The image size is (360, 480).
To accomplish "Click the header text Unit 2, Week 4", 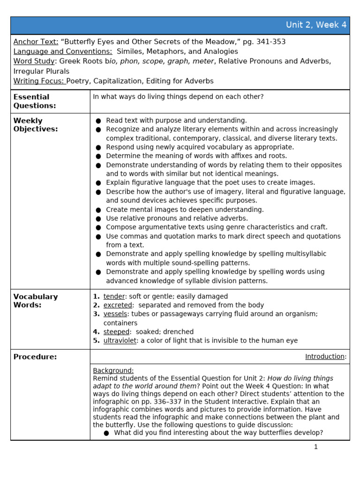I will [x=316, y=25].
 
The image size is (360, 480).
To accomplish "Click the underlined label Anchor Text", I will [x=36, y=42].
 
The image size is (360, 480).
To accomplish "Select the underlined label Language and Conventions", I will [x=63, y=52].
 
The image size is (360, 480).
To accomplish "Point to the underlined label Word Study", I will [x=34, y=61].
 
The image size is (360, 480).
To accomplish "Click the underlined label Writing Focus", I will [x=39, y=81].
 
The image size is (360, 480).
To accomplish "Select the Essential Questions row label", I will [x=35, y=101].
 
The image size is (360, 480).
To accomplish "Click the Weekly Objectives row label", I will [x=36, y=125].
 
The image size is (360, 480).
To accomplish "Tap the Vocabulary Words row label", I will [x=36, y=300].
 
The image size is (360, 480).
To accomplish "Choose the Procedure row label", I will [x=35, y=357].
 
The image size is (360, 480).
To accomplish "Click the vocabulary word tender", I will [x=114, y=296].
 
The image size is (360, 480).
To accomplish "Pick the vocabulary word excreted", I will [x=117, y=305].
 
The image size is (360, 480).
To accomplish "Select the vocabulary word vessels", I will [x=115, y=314].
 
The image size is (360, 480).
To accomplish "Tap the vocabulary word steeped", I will [x=116, y=332].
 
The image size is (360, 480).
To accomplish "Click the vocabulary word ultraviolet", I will [x=120, y=341].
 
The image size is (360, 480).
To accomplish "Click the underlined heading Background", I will [x=113, y=370].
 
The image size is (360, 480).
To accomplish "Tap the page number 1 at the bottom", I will [x=315, y=447].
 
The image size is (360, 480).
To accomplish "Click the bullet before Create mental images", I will [x=98, y=210].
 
